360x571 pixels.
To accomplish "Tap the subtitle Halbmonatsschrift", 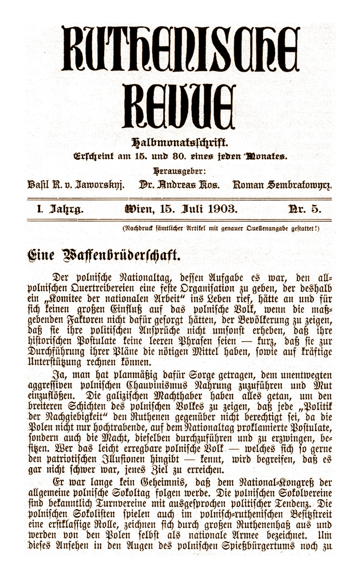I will coord(179,144).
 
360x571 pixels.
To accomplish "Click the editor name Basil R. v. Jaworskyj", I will coord(76,185).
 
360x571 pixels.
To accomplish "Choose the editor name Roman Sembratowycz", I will coord(282,185).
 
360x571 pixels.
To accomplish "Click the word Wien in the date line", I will coord(137,209).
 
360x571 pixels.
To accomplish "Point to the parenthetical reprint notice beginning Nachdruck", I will coord(221,228).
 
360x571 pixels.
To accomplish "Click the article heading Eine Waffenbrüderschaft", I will coord(104,254).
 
